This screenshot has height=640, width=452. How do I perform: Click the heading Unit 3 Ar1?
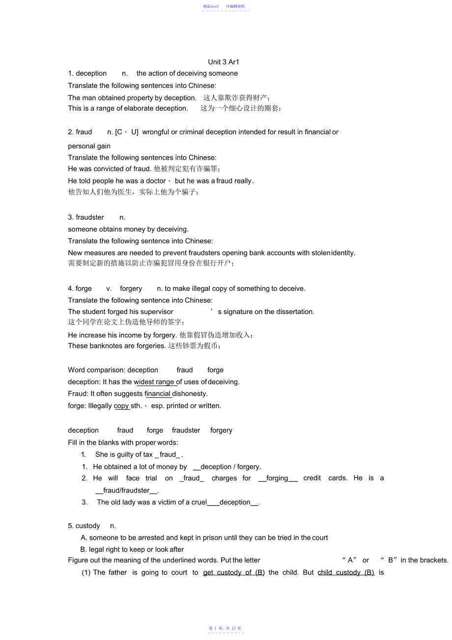point(224,62)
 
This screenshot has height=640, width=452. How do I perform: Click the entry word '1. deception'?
point(87,74)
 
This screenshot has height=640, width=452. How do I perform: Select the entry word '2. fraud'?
point(80,132)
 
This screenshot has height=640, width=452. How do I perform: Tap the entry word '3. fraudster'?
point(86,218)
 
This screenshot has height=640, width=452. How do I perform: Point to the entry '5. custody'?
point(84,526)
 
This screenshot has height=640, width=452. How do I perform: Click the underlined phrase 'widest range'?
point(154,382)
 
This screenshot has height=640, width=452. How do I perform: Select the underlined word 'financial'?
point(158,394)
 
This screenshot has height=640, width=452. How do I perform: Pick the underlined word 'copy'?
point(121,406)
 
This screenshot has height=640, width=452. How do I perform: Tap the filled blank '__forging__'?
point(278,478)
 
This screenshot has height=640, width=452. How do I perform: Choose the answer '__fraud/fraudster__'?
point(127,491)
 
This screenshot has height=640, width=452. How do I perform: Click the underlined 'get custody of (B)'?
point(234,573)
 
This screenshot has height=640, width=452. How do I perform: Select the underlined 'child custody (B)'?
point(346,573)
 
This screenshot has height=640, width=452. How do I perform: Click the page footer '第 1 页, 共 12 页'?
point(225,628)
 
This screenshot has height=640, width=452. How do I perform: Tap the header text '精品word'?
point(211,6)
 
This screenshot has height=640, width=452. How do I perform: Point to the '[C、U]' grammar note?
point(127,132)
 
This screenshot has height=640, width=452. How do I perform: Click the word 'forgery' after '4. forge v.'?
point(131,289)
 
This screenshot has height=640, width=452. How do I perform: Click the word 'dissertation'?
point(294,312)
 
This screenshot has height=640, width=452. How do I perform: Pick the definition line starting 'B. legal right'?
point(132,550)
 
